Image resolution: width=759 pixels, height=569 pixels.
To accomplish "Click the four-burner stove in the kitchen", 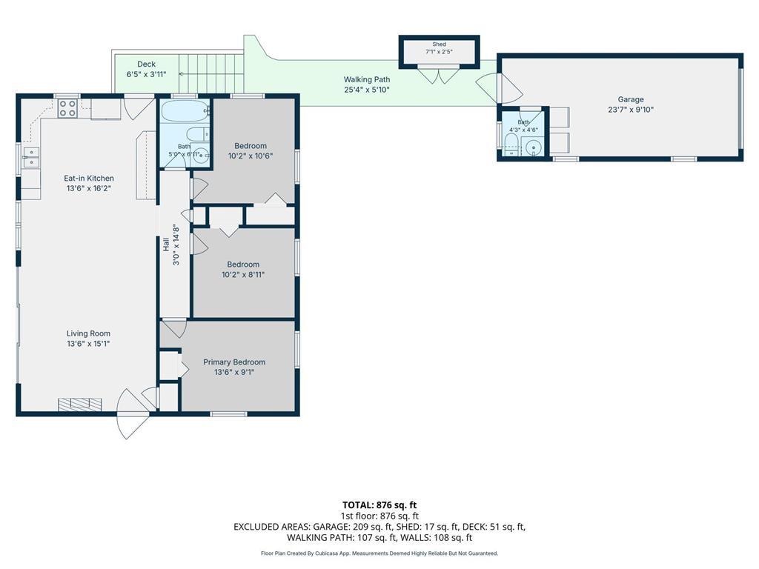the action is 67,108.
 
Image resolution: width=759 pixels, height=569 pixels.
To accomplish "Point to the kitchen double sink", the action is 30,157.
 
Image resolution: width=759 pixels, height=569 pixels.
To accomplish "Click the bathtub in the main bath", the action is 184,112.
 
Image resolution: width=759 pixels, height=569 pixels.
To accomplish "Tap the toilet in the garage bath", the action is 511,144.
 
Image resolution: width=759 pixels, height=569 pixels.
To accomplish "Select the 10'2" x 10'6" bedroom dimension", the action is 251,156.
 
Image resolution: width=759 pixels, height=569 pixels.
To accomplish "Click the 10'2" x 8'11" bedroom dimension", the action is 243,274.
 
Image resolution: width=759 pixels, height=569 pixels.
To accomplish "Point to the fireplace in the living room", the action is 80,405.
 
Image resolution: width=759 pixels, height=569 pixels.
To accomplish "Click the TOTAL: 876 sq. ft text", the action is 379,505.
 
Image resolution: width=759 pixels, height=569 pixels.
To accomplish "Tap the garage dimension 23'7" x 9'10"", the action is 631,110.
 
